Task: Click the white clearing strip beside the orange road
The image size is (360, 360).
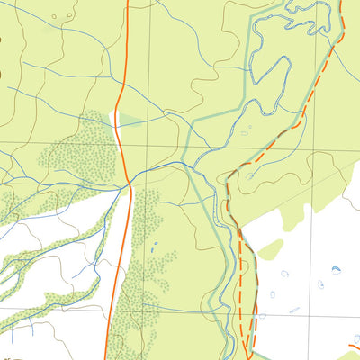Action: pos(116,135)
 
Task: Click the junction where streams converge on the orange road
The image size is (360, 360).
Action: pos(127,185)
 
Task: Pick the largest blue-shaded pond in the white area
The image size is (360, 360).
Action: pos(336,269)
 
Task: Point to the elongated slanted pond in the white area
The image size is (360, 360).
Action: pos(294,310)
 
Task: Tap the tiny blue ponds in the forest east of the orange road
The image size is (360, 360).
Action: pos(154,245)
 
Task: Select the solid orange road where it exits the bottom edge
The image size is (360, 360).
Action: pos(107,357)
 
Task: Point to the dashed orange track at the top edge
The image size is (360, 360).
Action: pos(342,2)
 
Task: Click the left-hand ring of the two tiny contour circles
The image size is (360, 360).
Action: pos(54,16)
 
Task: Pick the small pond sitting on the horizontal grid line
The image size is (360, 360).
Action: pos(261,316)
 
